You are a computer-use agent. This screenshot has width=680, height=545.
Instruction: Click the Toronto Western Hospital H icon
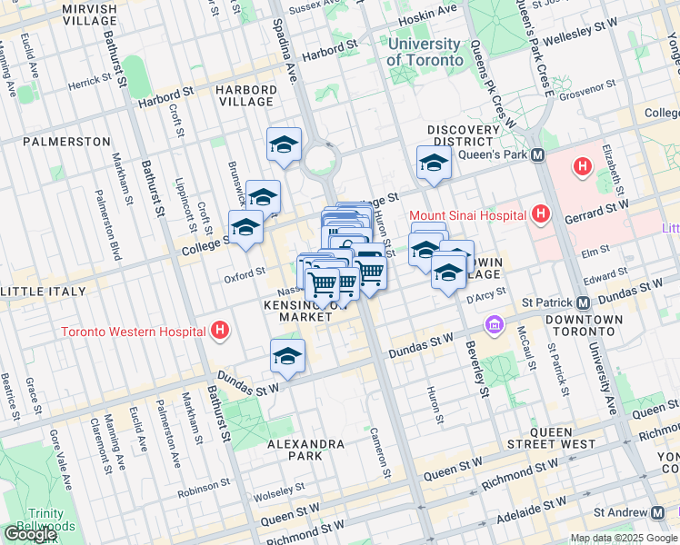pos(219,332)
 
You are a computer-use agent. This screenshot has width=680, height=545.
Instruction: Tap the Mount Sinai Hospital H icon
pos(542,215)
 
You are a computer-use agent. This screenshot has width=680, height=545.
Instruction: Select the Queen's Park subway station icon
pos(538,155)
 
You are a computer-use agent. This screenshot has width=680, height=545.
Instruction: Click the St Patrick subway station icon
pos(583,302)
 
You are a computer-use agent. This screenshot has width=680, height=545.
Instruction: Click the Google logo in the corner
pos(29,534)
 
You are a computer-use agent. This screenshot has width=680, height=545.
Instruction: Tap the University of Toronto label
pos(424,52)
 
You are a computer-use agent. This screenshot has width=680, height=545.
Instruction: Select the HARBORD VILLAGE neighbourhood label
pos(246,95)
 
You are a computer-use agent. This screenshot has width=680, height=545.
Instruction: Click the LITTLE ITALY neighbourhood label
pos(43,292)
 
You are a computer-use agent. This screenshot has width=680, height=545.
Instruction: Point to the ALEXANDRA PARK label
pos(305,451)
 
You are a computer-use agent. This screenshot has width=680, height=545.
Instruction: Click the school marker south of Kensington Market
pos(287,356)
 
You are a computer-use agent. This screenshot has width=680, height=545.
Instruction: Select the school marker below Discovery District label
pos(434,163)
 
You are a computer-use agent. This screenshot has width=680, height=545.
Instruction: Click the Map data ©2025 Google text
pos(622,538)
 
